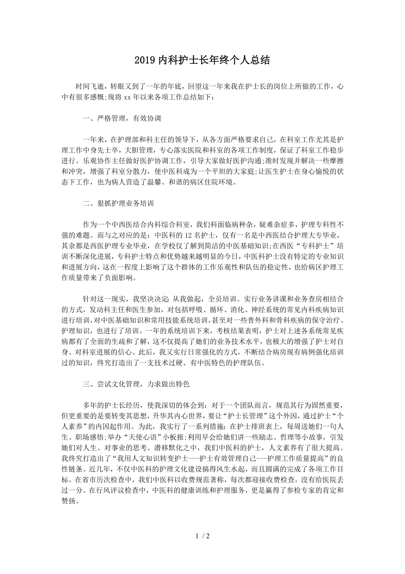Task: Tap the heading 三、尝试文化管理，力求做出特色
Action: tap(136, 384)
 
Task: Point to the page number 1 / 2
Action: tap(202, 537)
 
